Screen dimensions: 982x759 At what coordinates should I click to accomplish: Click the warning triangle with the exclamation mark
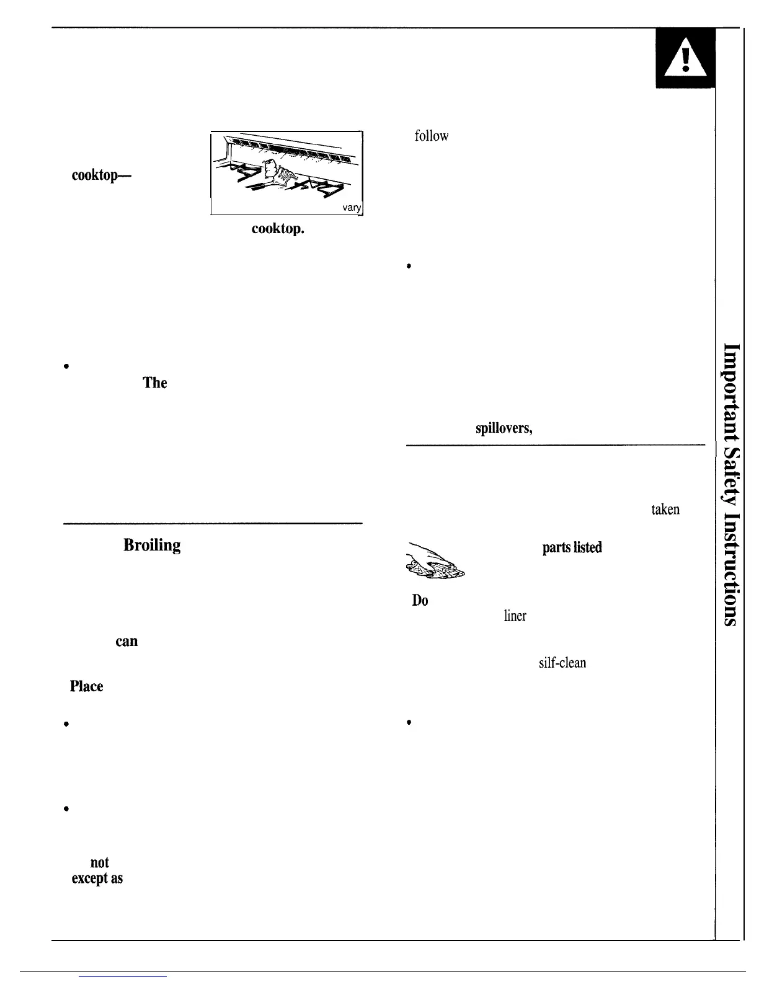[x=685, y=60]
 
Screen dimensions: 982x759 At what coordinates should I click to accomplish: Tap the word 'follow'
[x=431, y=136]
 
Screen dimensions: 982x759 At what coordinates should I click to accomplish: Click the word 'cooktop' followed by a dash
[x=101, y=175]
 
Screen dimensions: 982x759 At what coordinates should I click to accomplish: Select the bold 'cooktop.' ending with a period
[x=278, y=229]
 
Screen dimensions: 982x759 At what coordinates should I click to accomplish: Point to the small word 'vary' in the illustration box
[x=352, y=208]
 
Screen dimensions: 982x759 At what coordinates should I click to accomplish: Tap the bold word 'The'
[x=155, y=383]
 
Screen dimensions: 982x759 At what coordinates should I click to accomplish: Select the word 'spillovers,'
[x=504, y=428]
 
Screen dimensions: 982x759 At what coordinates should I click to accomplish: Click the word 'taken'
[x=665, y=510]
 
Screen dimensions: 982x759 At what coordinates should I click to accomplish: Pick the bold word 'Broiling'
[x=152, y=545]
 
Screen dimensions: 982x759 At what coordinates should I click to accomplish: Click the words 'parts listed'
[x=572, y=547]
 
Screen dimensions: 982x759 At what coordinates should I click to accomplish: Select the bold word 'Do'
[x=420, y=601]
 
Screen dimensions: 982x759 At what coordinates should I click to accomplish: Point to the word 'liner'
[x=515, y=616]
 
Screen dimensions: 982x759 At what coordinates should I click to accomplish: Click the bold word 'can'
[x=126, y=641]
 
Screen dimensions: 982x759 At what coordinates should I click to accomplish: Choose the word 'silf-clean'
[x=562, y=663]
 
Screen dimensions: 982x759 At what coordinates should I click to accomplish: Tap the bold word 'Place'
[x=86, y=686]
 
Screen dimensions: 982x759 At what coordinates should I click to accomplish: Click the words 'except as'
[x=97, y=878]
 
